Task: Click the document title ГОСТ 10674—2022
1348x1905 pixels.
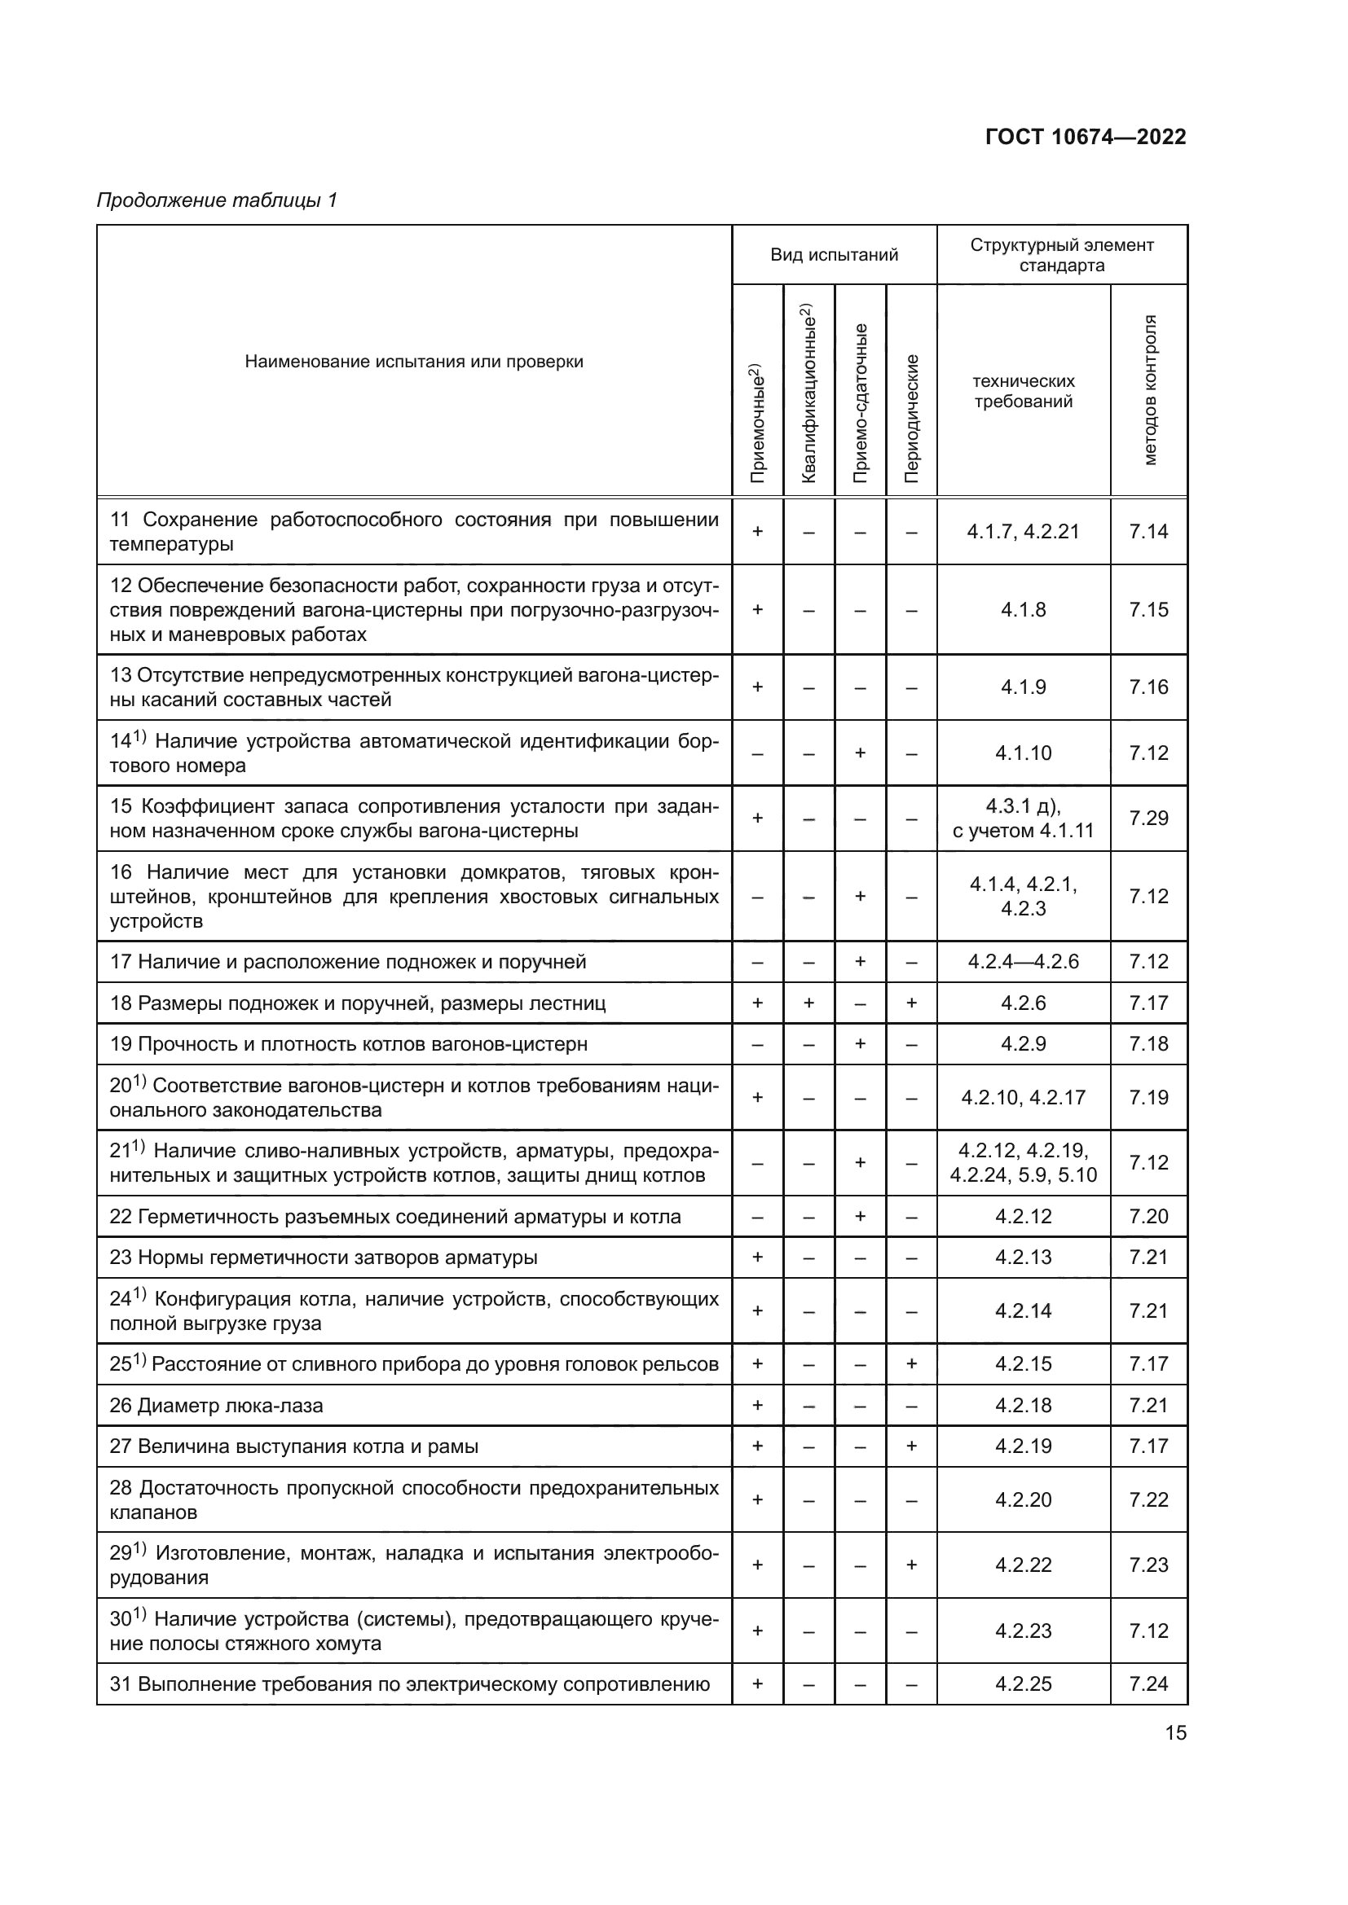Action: [x=1085, y=137]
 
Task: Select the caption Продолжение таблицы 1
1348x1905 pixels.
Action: [x=217, y=200]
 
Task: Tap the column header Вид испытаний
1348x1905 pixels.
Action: [x=834, y=255]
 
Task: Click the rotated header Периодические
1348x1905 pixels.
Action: [x=911, y=418]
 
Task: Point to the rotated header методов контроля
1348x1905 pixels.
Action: [x=1149, y=390]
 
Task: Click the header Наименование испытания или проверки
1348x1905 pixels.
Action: [x=413, y=362]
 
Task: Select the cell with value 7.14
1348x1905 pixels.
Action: [x=1148, y=531]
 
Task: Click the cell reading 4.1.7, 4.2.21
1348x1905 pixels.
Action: [x=1023, y=531]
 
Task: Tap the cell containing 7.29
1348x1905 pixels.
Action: [x=1148, y=818]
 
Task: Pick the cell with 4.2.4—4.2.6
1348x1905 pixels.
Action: [x=1023, y=962]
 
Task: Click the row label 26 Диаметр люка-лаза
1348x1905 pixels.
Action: [x=217, y=1406]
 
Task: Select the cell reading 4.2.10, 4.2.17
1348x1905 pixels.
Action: [x=1023, y=1098]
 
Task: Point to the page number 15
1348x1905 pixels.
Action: [x=1175, y=1732]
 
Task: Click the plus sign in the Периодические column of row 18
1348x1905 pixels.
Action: [x=911, y=1003]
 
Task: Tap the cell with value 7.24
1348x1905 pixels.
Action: [x=1148, y=1683]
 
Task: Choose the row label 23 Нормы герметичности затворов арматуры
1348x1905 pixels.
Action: [x=324, y=1257]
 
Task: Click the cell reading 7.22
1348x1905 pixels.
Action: [x=1148, y=1499]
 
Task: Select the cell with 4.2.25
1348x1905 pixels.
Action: [x=1023, y=1683]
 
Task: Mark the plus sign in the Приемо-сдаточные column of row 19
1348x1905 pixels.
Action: [x=860, y=1044]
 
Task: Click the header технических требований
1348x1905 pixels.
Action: [x=1023, y=392]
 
